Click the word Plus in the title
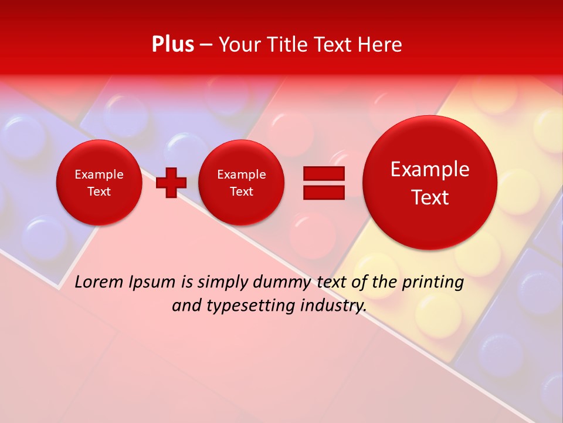[x=172, y=45]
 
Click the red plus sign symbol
[x=171, y=183]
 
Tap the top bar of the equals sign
[x=323, y=173]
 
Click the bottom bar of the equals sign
[x=323, y=192]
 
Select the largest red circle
[x=430, y=182]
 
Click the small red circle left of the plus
[x=99, y=183]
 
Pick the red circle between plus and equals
[x=241, y=183]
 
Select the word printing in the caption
[x=433, y=283]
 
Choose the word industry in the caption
[x=333, y=306]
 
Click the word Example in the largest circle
[x=430, y=169]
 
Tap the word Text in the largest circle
[x=430, y=197]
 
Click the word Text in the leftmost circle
[x=99, y=192]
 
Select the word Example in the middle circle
[x=241, y=174]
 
